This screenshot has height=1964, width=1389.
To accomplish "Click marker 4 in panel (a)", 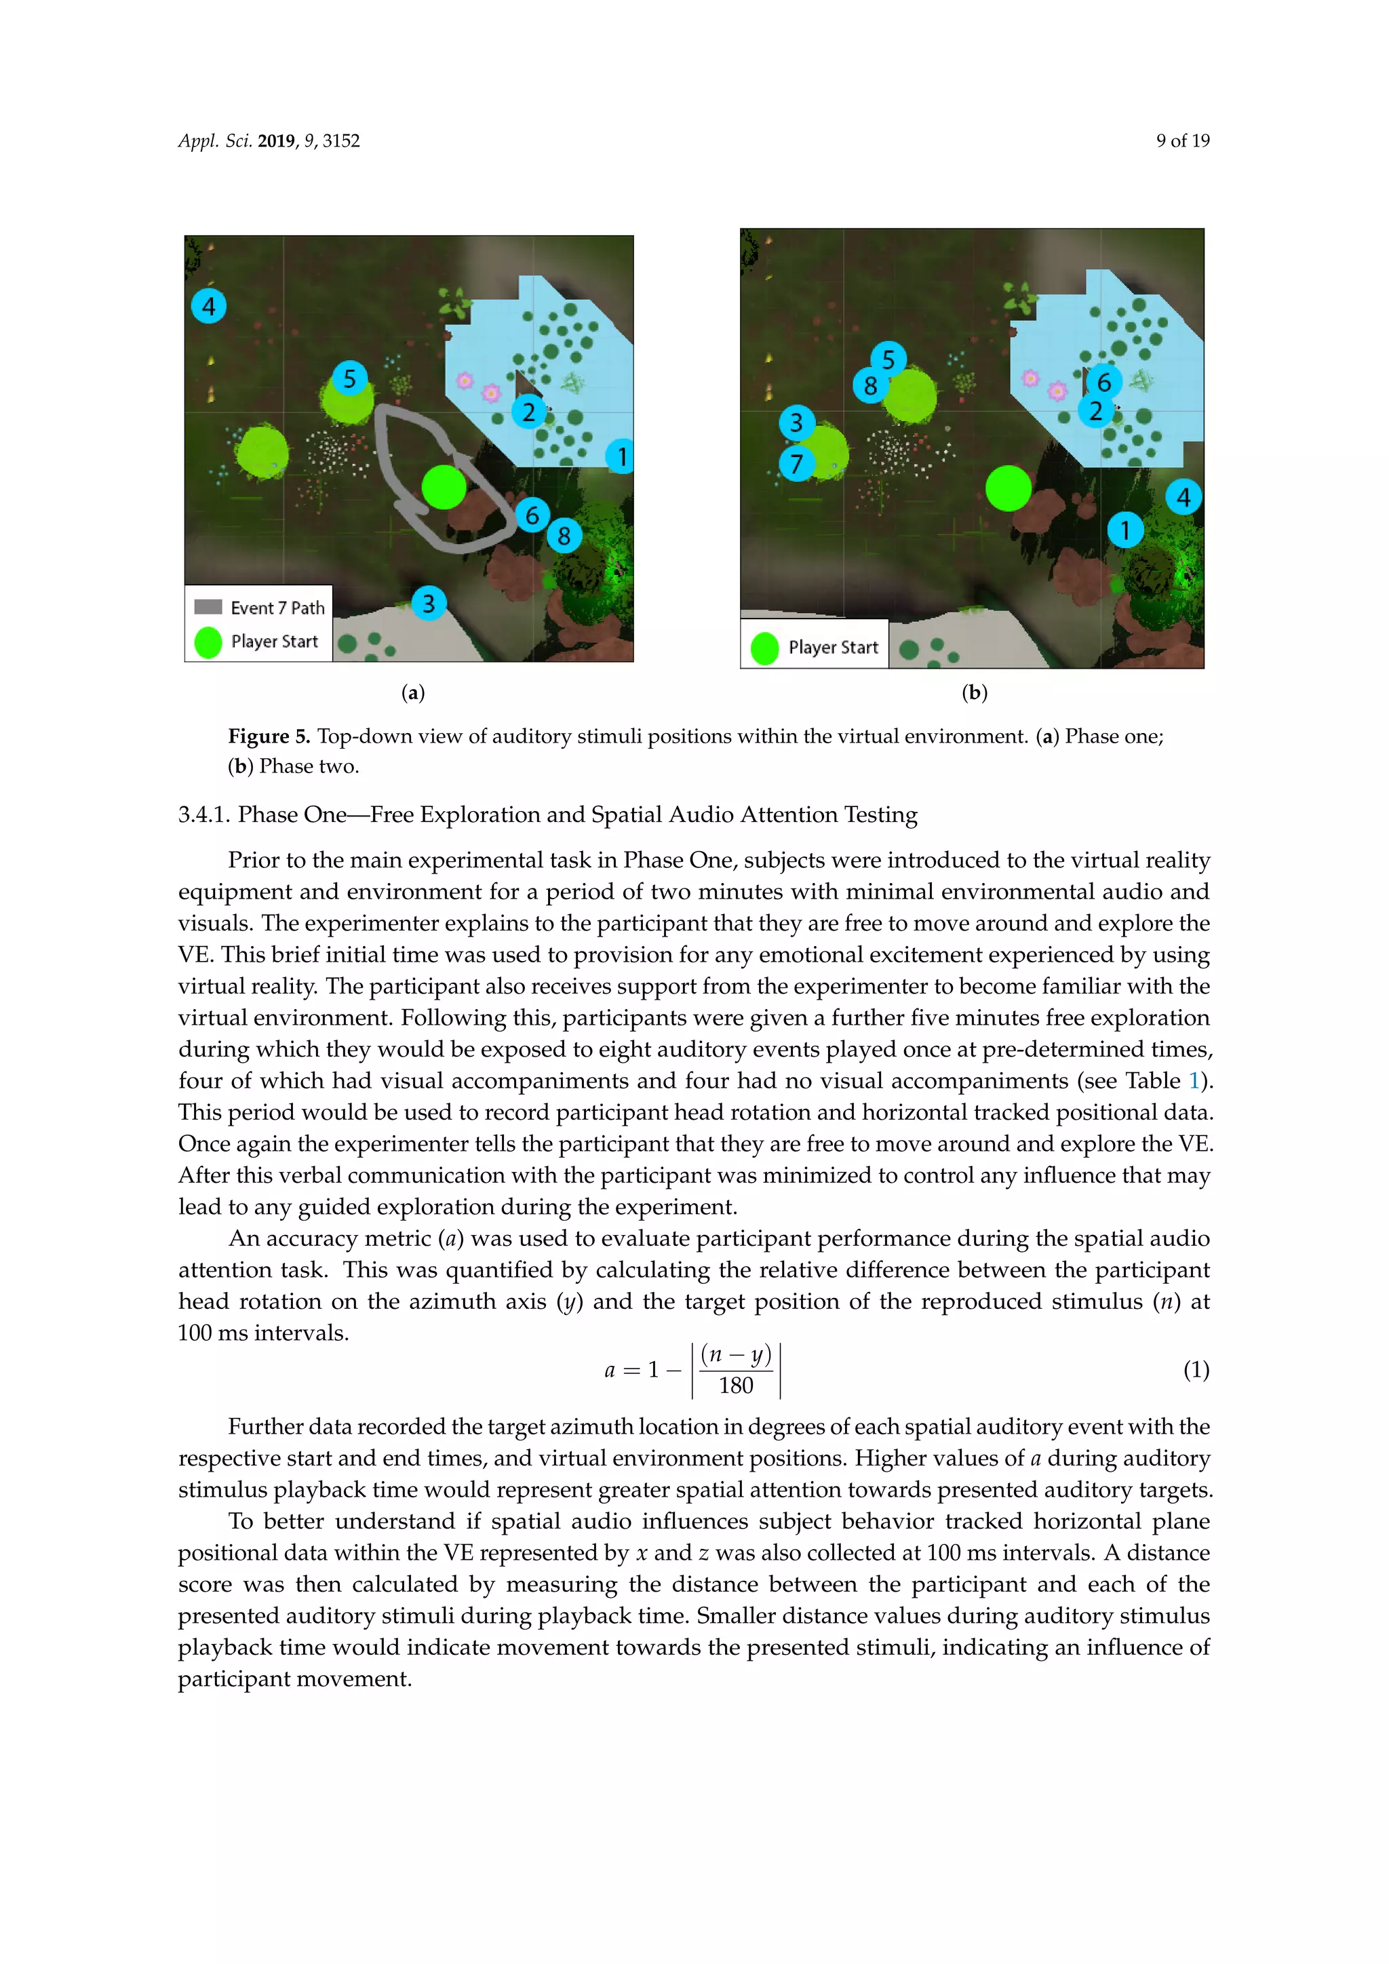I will pyautogui.click(x=209, y=305).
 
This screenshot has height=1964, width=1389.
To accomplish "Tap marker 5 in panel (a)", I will pyautogui.click(x=349, y=378).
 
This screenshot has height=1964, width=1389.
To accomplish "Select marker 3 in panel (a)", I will pyautogui.click(x=429, y=603).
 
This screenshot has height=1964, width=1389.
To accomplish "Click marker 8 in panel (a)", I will pyautogui.click(x=564, y=536).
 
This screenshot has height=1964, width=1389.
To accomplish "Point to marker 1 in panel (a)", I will pyautogui.click(x=622, y=457).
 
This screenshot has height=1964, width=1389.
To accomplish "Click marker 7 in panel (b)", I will pyautogui.click(x=796, y=464).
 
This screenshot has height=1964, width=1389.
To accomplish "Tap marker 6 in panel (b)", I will pyautogui.click(x=1104, y=382).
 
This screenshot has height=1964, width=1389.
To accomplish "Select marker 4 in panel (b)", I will pyautogui.click(x=1183, y=497).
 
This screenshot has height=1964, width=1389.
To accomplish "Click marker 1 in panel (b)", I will pyautogui.click(x=1126, y=530).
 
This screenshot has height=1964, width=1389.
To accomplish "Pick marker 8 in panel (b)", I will pyautogui.click(x=871, y=386).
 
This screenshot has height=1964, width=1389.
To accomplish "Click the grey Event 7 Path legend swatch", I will pyautogui.click(x=208, y=606).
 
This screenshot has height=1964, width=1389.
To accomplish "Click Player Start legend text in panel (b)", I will pyautogui.click(x=833, y=648).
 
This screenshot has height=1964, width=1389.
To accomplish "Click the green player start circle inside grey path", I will pyautogui.click(x=444, y=488).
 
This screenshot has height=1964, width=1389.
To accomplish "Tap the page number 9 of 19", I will pyautogui.click(x=1182, y=141).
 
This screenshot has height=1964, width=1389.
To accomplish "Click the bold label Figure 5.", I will pyautogui.click(x=269, y=736).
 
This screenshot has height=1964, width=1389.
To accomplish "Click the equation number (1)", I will pyautogui.click(x=1196, y=1369).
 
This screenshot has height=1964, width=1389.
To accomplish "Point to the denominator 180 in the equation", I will pyautogui.click(x=736, y=1386).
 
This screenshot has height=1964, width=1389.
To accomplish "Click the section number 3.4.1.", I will pyautogui.click(x=203, y=814).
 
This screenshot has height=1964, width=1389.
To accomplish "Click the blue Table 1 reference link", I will pyautogui.click(x=1194, y=1081).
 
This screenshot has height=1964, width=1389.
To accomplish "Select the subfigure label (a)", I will pyautogui.click(x=413, y=693).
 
